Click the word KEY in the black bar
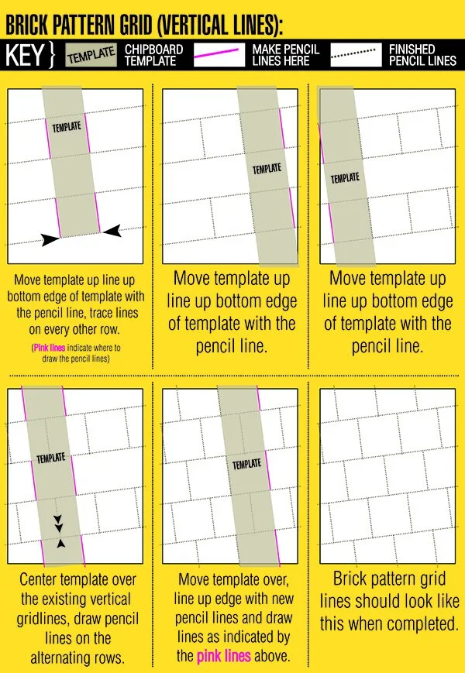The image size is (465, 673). (26, 55)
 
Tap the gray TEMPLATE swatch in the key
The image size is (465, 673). (91, 55)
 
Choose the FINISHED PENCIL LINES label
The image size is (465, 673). (422, 55)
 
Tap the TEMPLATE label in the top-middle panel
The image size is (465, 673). (267, 168)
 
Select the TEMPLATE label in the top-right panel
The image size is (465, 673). (345, 178)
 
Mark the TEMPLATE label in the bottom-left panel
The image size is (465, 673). (51, 458)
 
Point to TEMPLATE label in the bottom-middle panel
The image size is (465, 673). (246, 464)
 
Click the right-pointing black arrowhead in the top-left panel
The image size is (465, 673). (50, 240)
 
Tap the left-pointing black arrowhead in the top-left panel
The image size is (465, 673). (112, 230)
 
